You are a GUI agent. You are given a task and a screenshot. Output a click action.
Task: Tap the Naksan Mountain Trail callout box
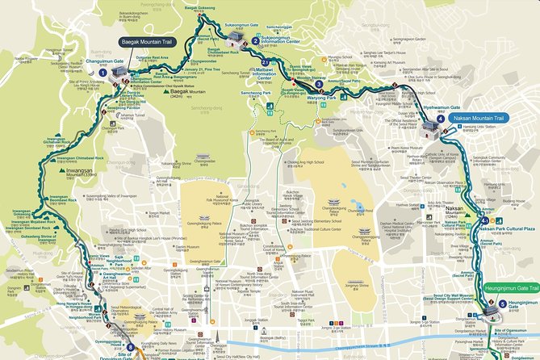click(476, 118)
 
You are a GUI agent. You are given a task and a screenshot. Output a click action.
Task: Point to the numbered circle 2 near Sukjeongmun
click(255, 40)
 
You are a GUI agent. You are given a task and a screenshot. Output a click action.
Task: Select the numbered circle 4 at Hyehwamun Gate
click(440, 118)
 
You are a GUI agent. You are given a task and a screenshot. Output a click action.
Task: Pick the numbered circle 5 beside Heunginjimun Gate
click(502, 304)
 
